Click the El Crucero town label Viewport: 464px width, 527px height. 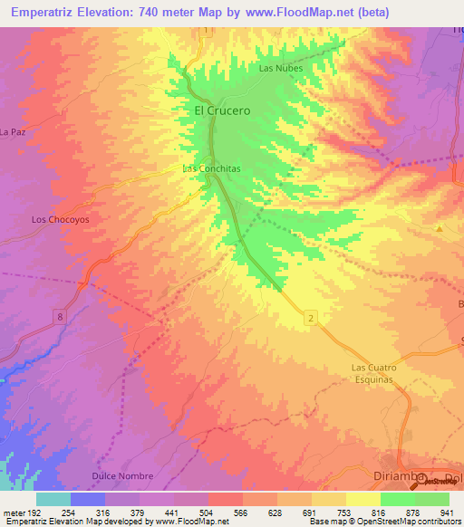tap(222, 110)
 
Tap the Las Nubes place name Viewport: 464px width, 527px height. tap(279, 68)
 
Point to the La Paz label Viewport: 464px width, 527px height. tap(12, 132)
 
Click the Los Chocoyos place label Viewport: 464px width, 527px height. tap(60, 219)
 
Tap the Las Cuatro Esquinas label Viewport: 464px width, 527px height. tap(374, 373)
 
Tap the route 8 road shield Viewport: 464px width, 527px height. tap(60, 315)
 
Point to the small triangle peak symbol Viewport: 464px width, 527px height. tap(440, 228)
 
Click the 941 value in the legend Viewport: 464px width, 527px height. tap(448, 512)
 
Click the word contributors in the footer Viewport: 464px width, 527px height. tap(433, 522)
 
